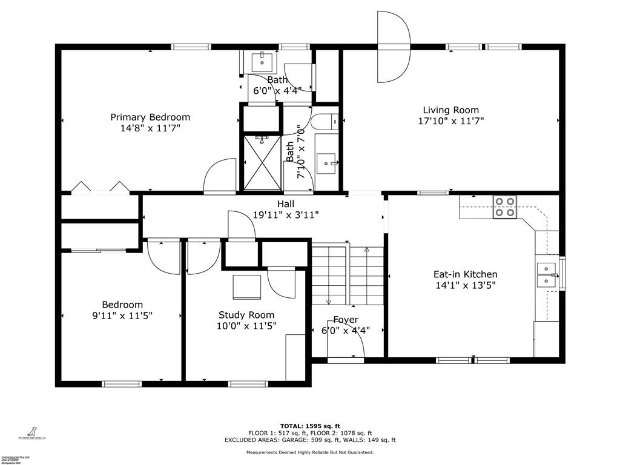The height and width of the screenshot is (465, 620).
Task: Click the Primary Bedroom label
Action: pyautogui.click(x=150, y=117)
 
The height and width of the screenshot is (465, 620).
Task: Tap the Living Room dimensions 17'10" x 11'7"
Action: pyautogui.click(x=450, y=120)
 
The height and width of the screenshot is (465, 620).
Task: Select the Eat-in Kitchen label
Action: pyautogui.click(x=465, y=274)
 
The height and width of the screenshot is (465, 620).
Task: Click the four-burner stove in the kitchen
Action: pyautogui.click(x=504, y=206)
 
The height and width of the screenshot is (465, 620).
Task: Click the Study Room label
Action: pyautogui.click(x=246, y=315)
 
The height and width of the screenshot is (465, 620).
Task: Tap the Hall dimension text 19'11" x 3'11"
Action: pyautogui.click(x=286, y=214)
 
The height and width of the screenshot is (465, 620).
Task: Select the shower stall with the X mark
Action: pyautogui.click(x=262, y=162)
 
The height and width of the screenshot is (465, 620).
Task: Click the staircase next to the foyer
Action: pyautogui.click(x=348, y=275)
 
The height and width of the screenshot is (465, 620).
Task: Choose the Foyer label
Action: pyautogui.click(x=346, y=320)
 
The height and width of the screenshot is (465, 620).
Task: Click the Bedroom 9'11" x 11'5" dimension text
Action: pyautogui.click(x=122, y=315)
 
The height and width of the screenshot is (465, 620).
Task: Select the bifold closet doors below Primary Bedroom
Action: pyautogui.click(x=101, y=187)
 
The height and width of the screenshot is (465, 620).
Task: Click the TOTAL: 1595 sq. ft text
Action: pyautogui.click(x=309, y=426)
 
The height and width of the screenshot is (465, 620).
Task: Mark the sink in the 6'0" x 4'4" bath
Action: pyautogui.click(x=263, y=61)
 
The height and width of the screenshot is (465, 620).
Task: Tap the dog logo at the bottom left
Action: pyautogui.click(x=28, y=429)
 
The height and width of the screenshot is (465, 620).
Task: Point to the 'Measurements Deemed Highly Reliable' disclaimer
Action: pyautogui.click(x=309, y=452)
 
